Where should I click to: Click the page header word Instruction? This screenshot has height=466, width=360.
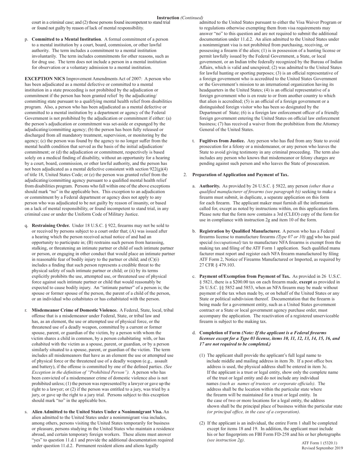[167, 18]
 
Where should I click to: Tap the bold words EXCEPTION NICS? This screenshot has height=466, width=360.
[44, 79]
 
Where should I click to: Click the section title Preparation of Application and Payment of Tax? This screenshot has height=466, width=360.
[240, 175]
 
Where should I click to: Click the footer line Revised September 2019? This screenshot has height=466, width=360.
[322, 448]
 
